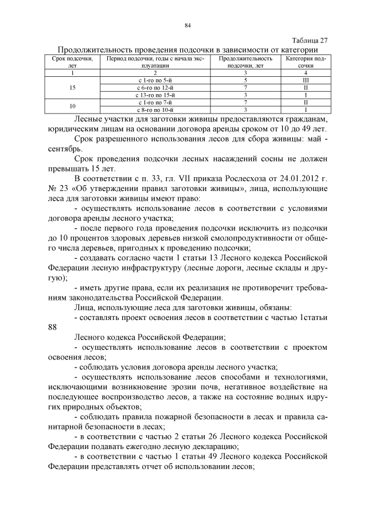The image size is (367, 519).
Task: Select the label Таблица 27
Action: [x=310, y=40]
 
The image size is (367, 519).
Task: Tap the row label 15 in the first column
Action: [x=72, y=88]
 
